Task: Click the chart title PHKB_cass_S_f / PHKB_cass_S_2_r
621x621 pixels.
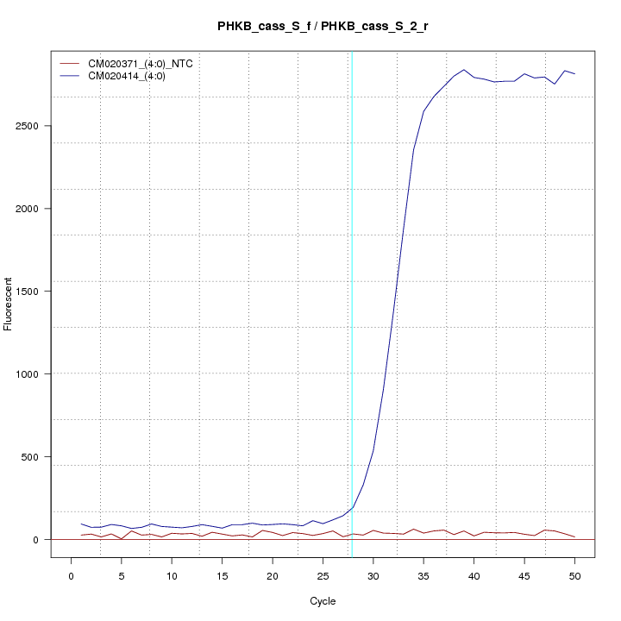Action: tap(323, 27)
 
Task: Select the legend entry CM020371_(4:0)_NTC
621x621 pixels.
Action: tap(140, 64)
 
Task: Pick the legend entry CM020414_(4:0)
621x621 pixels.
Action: tap(127, 76)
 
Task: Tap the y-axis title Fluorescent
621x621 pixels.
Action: tap(9, 304)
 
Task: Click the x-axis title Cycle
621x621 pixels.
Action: tap(323, 600)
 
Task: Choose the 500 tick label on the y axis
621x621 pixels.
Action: tap(37, 456)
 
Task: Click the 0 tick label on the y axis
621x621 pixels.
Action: tap(42, 539)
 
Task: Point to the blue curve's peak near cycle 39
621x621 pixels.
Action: tap(464, 70)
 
